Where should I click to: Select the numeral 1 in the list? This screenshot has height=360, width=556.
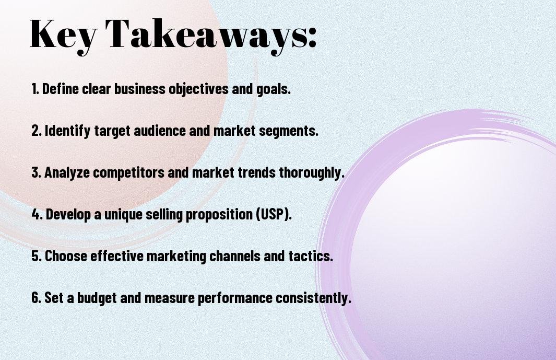pos(34,89)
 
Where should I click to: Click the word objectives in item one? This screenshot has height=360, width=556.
pos(198,89)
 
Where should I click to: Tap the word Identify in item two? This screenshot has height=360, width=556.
pos(68,131)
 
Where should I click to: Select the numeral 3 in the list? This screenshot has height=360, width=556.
pos(36,172)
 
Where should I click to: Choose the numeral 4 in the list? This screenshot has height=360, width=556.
pos(36,214)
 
